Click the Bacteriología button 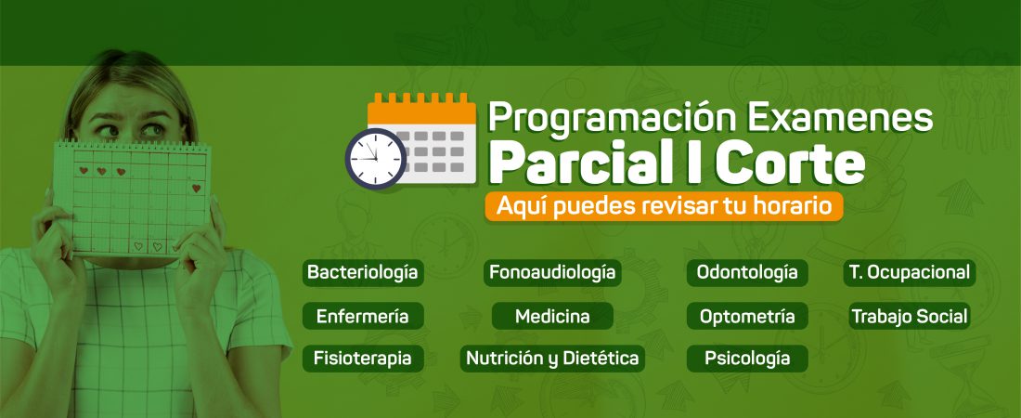click(363, 272)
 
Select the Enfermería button click(363, 316)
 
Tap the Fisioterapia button click(363, 359)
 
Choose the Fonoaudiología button click(552, 272)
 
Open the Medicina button click(552, 316)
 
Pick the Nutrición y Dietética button click(552, 359)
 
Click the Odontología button click(747, 272)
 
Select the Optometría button click(747, 316)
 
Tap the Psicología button click(747, 359)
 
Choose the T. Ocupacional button click(910, 272)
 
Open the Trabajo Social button click(910, 316)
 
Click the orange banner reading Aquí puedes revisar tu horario click(665, 206)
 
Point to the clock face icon click(376, 159)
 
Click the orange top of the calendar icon click(422, 109)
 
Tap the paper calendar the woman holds click(132, 198)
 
